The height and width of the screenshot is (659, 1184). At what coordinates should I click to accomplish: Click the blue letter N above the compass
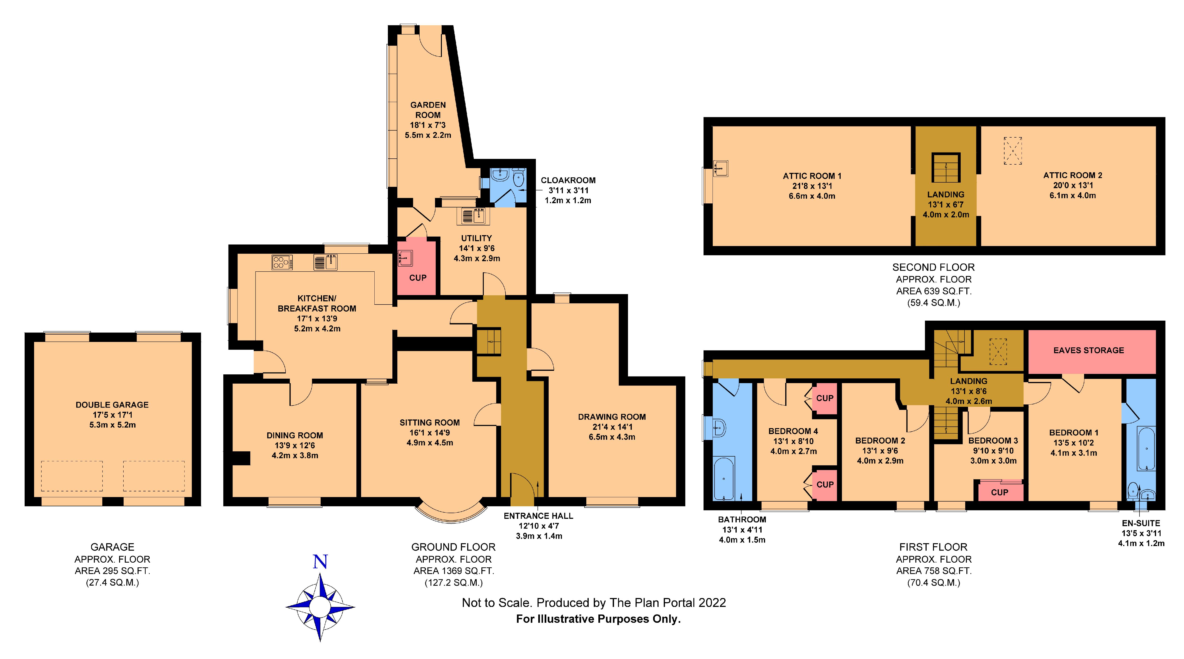click(x=320, y=562)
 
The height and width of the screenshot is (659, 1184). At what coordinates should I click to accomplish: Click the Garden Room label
click(x=428, y=110)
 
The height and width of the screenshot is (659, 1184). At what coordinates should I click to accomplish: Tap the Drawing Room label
click(x=612, y=417)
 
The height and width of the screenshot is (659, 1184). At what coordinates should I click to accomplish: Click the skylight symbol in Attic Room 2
click(x=1013, y=150)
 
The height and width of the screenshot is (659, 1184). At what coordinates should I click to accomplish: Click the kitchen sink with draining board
click(x=326, y=261)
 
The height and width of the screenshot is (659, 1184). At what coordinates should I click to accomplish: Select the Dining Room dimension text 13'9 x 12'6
click(x=295, y=445)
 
